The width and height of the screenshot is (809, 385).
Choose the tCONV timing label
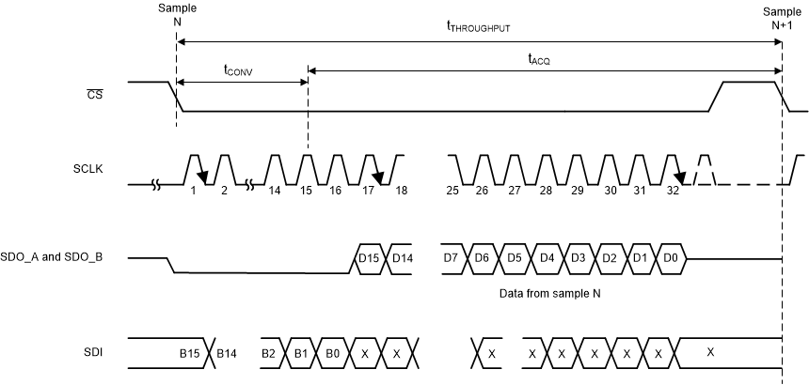(x=238, y=69)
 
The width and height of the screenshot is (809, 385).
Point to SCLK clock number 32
(x=673, y=191)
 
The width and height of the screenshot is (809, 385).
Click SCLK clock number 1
(x=193, y=191)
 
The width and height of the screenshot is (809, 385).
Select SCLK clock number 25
(x=452, y=191)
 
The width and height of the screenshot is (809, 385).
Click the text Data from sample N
(x=551, y=294)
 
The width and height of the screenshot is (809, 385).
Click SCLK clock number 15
(x=305, y=191)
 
